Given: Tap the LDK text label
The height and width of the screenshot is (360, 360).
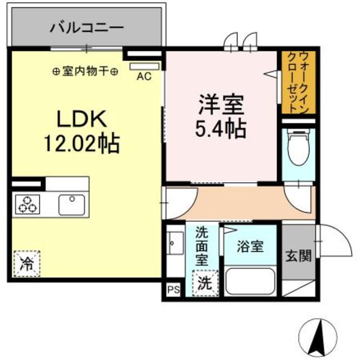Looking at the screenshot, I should [x=79, y=119].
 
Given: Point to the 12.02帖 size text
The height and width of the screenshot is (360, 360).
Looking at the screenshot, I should [x=78, y=143].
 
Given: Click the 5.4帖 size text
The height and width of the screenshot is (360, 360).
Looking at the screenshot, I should [x=220, y=129].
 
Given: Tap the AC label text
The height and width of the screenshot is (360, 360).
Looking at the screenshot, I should [x=145, y=77].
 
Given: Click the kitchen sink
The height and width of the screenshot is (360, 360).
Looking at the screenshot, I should [x=71, y=204].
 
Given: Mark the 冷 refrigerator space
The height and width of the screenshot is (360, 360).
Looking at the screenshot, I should [x=26, y=263].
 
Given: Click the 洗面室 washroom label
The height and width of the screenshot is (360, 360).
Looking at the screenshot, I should [x=202, y=246].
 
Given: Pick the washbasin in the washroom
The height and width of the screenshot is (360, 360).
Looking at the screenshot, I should [x=174, y=246].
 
